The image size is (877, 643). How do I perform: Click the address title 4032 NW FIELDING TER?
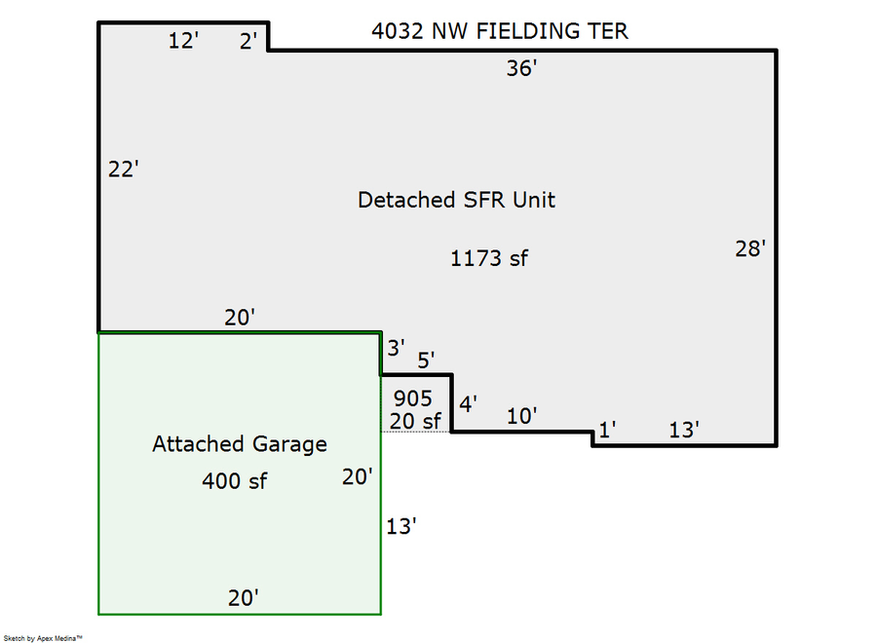tap(500, 31)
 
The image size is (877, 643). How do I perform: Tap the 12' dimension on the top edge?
tap(183, 41)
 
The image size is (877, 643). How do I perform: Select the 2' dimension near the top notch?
tap(248, 41)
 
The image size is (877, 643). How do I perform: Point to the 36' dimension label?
tap(522, 68)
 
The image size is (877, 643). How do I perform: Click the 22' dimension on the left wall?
tap(124, 170)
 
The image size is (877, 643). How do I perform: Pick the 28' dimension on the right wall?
tap(750, 248)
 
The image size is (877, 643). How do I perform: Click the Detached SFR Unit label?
tap(456, 201)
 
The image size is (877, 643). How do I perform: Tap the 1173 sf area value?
tap(489, 258)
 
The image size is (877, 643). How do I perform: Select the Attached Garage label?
tap(240, 444)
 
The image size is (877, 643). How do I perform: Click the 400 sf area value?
tap(235, 480)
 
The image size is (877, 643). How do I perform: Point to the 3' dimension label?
tap(396, 347)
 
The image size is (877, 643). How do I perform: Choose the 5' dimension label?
tap(426, 360)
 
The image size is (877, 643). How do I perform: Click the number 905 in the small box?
tap(412, 398)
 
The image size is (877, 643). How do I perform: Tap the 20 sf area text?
tap(415, 420)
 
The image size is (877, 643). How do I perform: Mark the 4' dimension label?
tap(468, 404)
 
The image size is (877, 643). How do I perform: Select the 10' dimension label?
tap(522, 416)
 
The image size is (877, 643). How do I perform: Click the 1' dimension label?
tap(606, 430)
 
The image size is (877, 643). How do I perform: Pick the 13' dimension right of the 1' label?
tap(684, 430)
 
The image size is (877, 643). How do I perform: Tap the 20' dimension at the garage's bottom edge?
tap(243, 597)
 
